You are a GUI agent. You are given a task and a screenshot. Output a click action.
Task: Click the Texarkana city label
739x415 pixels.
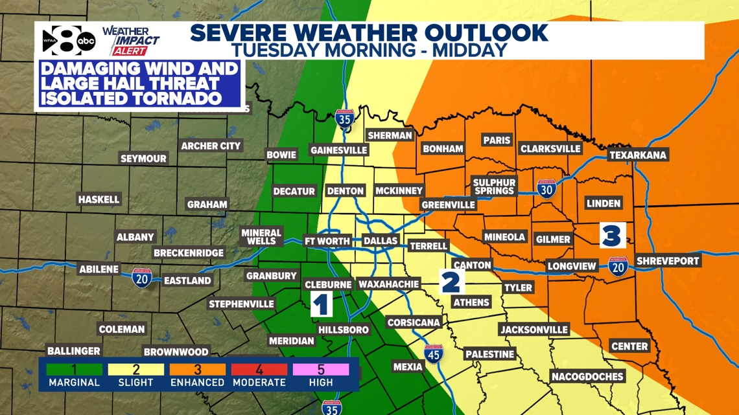[638, 155]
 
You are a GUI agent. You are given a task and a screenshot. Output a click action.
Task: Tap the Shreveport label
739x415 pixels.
[668, 261]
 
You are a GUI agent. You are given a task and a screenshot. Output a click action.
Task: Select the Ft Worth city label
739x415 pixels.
[327, 241]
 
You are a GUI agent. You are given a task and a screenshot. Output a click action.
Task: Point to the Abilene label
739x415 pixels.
[99, 269]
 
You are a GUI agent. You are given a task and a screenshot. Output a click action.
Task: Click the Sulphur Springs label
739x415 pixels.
[494, 186]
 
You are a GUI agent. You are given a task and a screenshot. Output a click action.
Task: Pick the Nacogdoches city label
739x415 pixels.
[587, 376]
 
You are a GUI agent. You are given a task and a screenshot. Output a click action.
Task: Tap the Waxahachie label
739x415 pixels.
[388, 284]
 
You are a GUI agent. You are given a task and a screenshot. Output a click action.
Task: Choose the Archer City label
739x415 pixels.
[211, 146]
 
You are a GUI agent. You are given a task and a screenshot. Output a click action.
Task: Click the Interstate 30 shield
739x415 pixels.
[546, 188]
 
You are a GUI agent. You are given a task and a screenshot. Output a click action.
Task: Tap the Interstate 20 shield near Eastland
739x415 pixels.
[142, 278]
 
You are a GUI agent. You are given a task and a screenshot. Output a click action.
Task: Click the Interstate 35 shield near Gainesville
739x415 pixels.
[344, 120]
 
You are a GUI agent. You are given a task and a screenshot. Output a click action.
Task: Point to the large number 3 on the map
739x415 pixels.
[611, 235]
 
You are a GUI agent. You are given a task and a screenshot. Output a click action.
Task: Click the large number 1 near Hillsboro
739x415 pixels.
[322, 304]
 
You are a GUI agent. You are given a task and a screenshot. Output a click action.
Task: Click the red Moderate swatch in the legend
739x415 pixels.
[259, 370]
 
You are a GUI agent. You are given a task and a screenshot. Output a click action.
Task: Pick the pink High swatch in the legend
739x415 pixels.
[321, 370]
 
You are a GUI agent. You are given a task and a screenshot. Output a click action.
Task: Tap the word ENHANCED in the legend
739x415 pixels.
[198, 383]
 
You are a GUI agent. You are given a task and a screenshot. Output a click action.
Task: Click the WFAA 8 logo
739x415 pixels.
[67, 41]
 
